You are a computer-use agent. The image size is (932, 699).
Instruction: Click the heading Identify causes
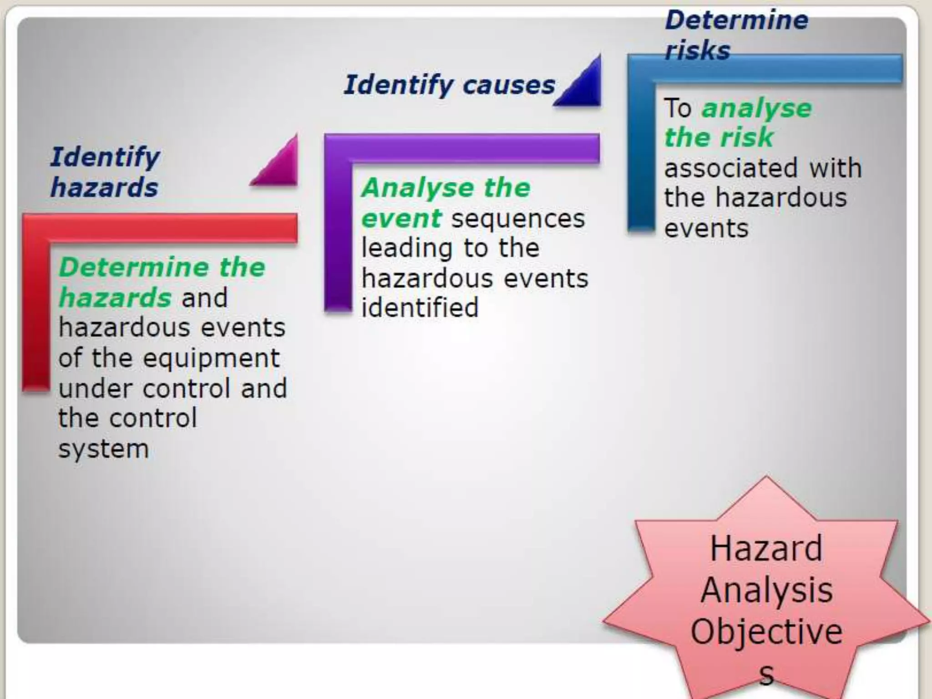click(449, 85)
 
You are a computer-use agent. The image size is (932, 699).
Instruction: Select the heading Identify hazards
click(105, 172)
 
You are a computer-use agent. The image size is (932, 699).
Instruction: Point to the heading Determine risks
click(736, 35)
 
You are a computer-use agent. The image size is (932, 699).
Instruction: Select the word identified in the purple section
click(420, 308)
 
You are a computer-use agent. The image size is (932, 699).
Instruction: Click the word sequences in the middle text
click(518, 218)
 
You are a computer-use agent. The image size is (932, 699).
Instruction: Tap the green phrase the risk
click(719, 137)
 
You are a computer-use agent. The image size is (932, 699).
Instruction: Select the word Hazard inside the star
click(766, 548)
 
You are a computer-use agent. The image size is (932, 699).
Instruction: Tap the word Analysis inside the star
click(766, 590)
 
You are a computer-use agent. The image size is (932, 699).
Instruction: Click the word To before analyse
click(678, 108)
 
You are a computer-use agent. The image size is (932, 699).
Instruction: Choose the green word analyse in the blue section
click(756, 108)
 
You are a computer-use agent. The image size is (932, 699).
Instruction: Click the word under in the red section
click(96, 389)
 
